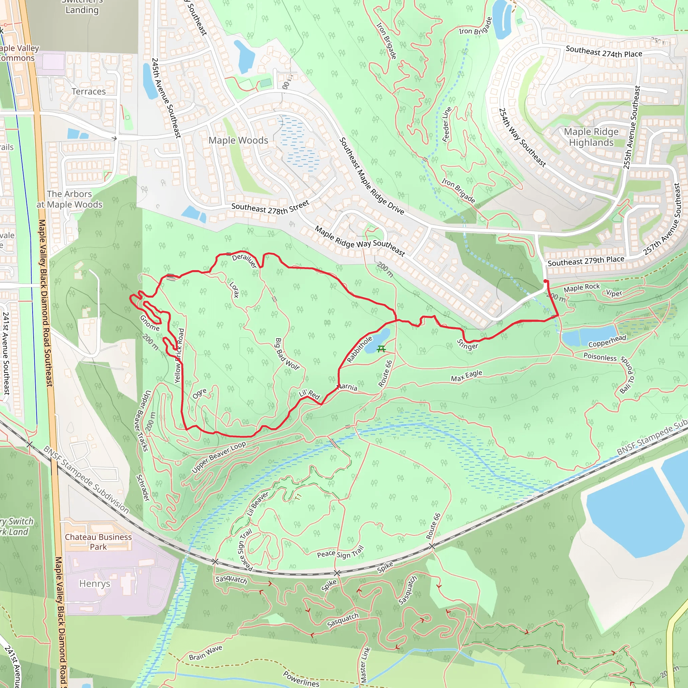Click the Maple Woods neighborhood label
(x=238, y=140)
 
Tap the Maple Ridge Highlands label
(x=591, y=137)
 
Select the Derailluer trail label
(x=245, y=261)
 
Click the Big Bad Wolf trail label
(x=287, y=354)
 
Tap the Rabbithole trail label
(x=360, y=349)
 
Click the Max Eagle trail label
(x=467, y=376)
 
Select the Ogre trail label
(x=200, y=393)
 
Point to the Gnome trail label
(x=149, y=323)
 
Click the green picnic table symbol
(x=381, y=349)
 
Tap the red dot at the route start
(x=545, y=282)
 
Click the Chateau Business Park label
(x=98, y=542)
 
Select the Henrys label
(x=95, y=584)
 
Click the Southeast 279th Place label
(x=586, y=261)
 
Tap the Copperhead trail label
(x=607, y=341)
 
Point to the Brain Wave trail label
(x=206, y=652)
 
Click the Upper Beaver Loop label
(x=219, y=457)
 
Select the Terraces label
(x=89, y=91)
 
